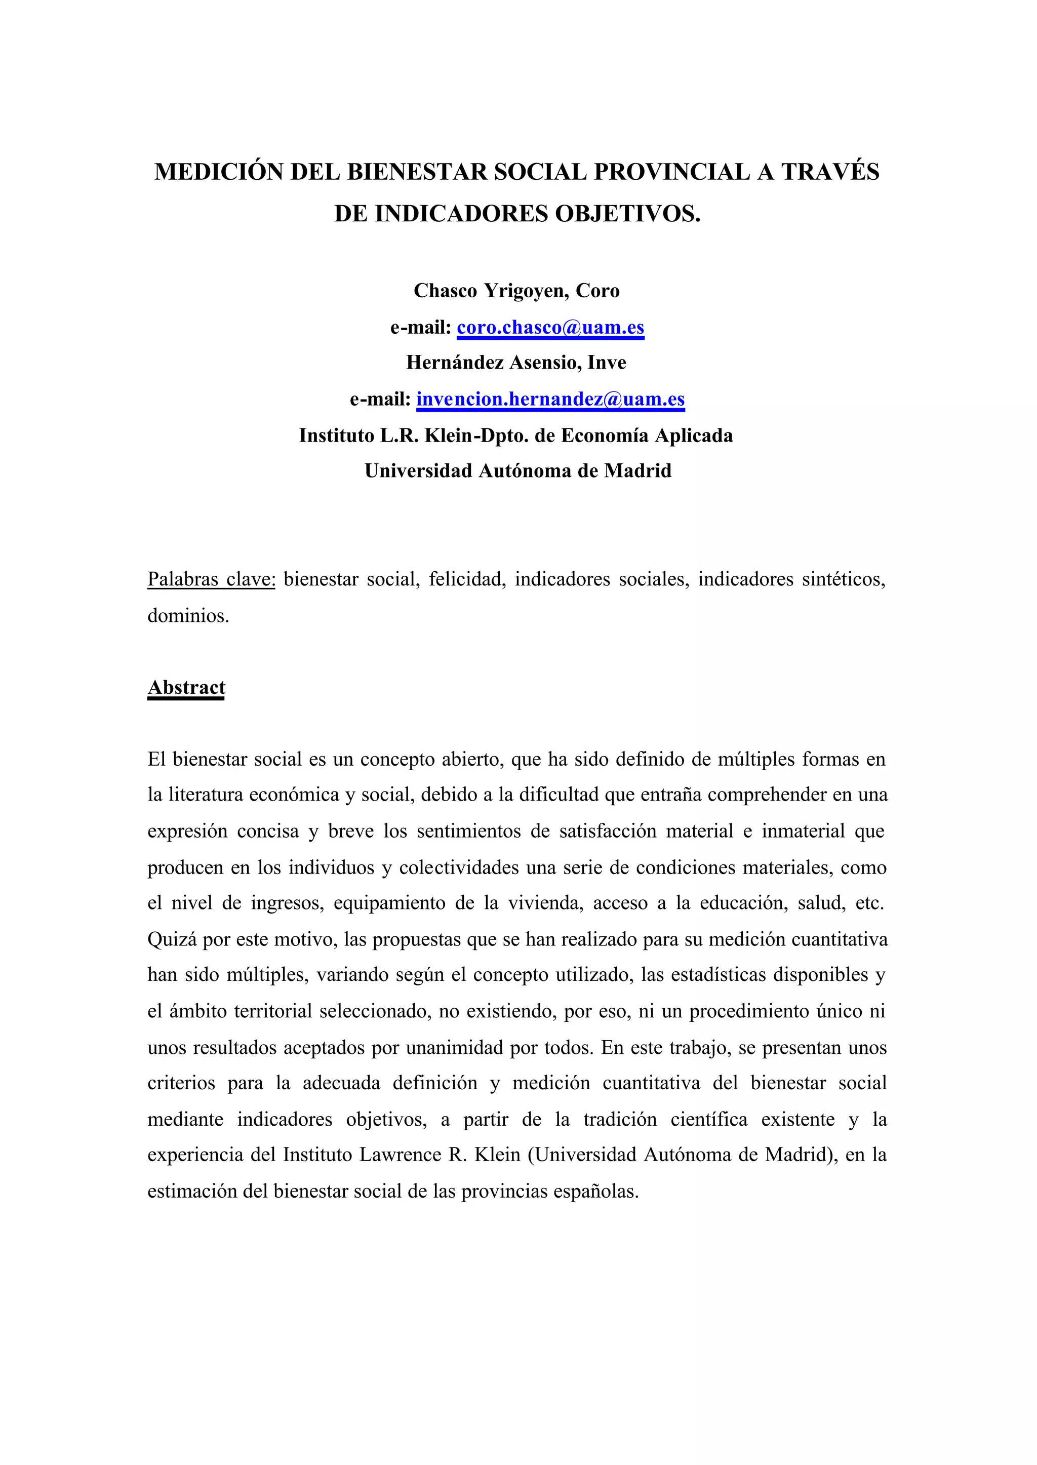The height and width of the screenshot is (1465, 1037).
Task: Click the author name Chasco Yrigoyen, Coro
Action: pyautogui.click(x=516, y=291)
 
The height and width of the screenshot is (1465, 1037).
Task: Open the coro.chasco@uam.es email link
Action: pyautogui.click(x=550, y=328)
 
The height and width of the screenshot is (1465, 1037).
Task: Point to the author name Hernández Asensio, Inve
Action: pyautogui.click(x=516, y=363)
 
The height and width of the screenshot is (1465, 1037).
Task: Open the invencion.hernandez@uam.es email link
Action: pyautogui.click(x=550, y=399)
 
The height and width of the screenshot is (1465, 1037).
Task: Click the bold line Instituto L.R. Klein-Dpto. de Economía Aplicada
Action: pyautogui.click(x=516, y=435)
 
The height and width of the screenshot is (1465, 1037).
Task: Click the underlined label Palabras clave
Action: pyautogui.click(x=211, y=579)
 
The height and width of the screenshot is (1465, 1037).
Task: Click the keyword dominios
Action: pyautogui.click(x=188, y=616)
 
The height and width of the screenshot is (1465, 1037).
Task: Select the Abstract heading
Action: pyautogui.click(x=186, y=687)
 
